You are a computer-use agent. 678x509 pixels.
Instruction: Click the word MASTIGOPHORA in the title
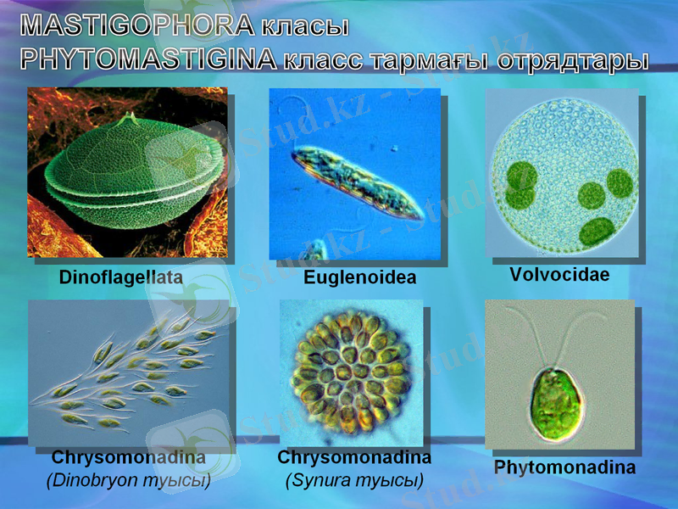tap(136, 25)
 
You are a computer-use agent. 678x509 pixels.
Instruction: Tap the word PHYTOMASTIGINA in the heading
tap(149, 59)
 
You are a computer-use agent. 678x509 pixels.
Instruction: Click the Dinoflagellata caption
tap(120, 277)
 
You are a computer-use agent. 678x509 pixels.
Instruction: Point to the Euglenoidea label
tap(359, 277)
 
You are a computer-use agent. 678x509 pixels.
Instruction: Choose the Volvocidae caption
tap(559, 275)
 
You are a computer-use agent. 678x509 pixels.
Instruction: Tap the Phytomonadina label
tap(564, 467)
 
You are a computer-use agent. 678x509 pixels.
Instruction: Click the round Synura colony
tap(350, 371)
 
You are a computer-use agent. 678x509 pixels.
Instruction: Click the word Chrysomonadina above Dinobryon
tap(128, 459)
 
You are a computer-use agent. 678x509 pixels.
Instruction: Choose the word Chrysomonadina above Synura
tap(354, 458)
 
